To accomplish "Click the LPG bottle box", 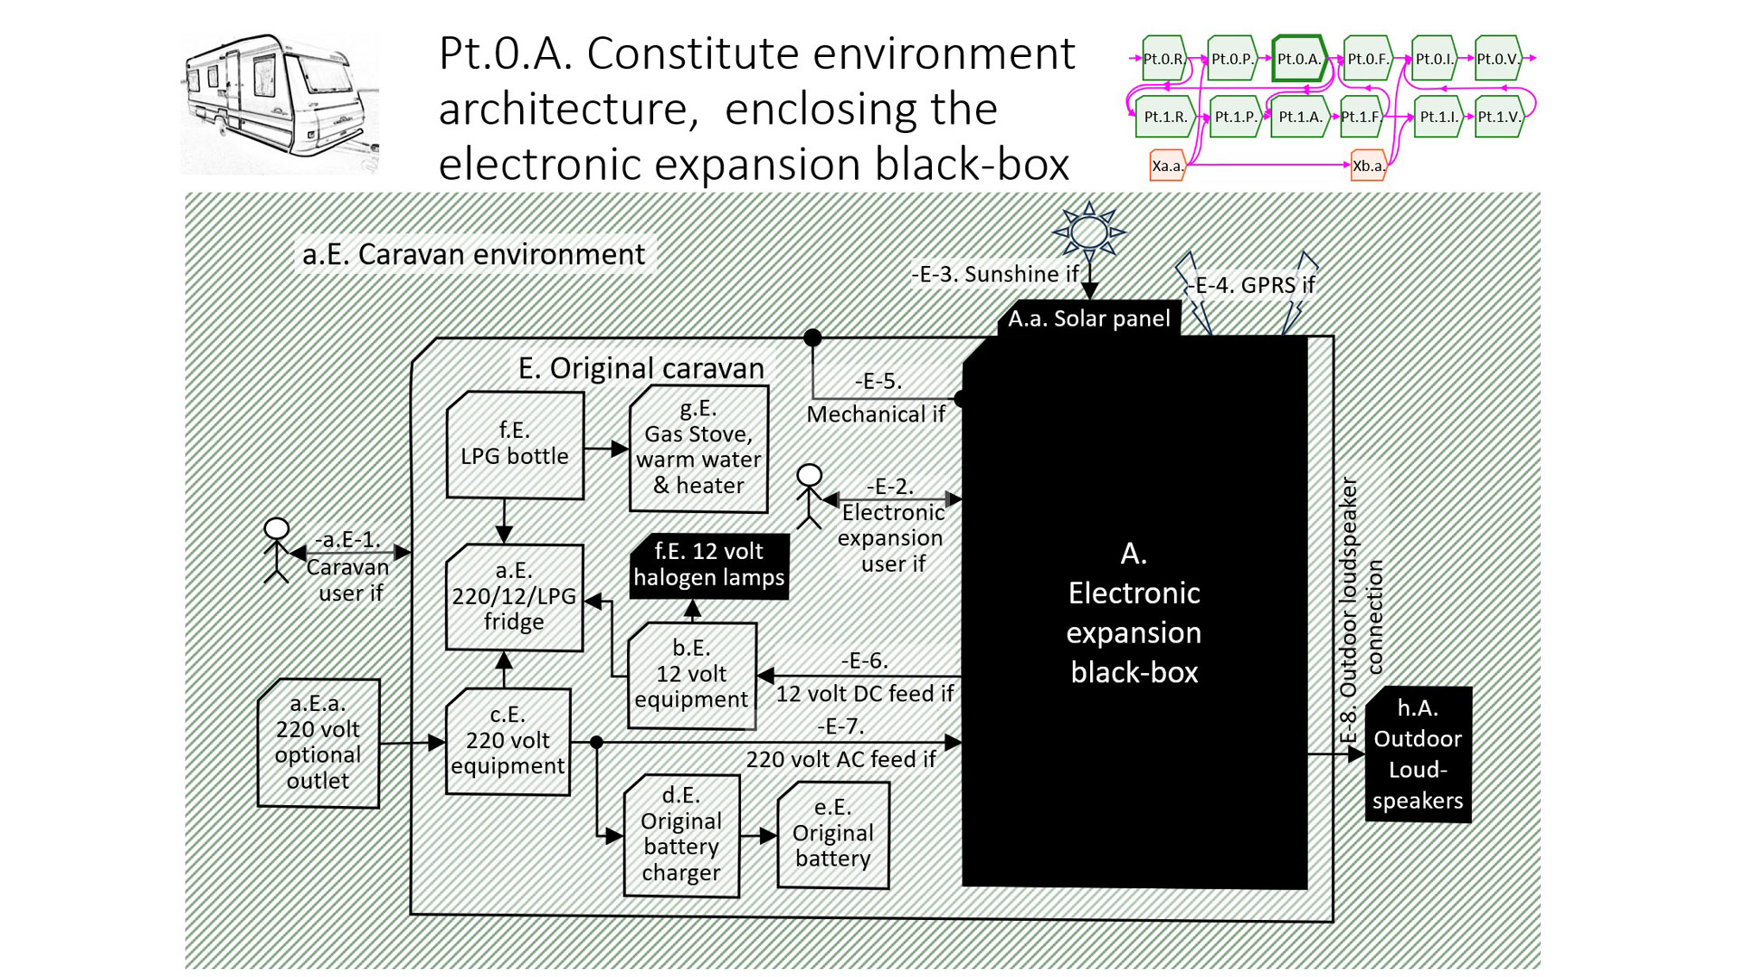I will coord(515,444).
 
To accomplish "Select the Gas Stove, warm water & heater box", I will coord(698,449).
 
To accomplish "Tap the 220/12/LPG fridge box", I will coord(514,597).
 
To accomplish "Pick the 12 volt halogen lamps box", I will coord(709,565).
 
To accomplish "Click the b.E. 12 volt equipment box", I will coord(691,675).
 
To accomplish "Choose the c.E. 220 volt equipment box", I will coord(508,741).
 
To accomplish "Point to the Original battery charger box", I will coord(681,835).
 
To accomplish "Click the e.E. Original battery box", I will coord(832,834).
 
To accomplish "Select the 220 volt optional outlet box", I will coord(318,743).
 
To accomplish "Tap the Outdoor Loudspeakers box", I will coord(1418,754).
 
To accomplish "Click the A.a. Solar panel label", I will coord(1089,318).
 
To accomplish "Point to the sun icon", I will coord(1089,232).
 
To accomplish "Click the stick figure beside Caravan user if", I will coord(276,550).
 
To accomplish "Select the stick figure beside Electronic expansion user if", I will coord(809,496).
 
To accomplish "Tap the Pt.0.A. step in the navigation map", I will coord(1299,59).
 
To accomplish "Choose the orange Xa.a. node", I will coord(1167,166).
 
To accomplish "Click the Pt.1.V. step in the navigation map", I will coord(1499,117).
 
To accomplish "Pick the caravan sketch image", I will coord(280,103).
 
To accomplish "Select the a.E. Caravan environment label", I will coord(474,254).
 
